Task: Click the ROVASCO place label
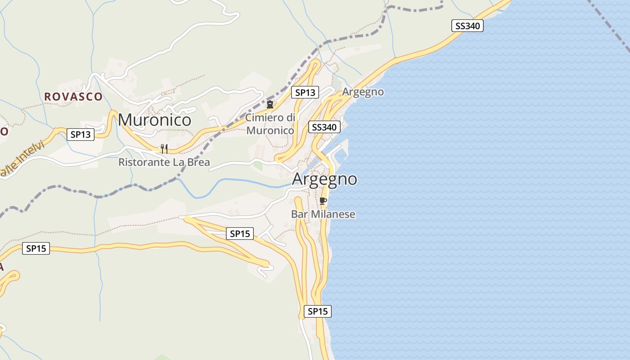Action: (x=73, y=96)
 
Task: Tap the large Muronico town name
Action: (x=154, y=120)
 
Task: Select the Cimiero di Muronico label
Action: (x=270, y=124)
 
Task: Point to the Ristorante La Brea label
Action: (x=164, y=162)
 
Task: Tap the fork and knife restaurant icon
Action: (x=164, y=148)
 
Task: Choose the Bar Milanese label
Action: (x=323, y=214)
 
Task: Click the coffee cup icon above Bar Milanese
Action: (x=323, y=201)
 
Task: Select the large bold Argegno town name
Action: (x=324, y=179)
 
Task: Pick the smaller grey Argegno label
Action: (x=363, y=92)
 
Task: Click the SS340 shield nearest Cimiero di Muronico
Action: (x=324, y=127)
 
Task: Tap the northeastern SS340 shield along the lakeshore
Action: (x=467, y=26)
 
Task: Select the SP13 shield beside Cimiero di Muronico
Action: (x=305, y=93)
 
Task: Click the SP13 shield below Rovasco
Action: (x=81, y=134)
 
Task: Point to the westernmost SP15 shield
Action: (x=36, y=248)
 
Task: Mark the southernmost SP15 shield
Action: (x=318, y=311)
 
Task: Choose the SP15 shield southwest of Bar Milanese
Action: (x=240, y=234)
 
